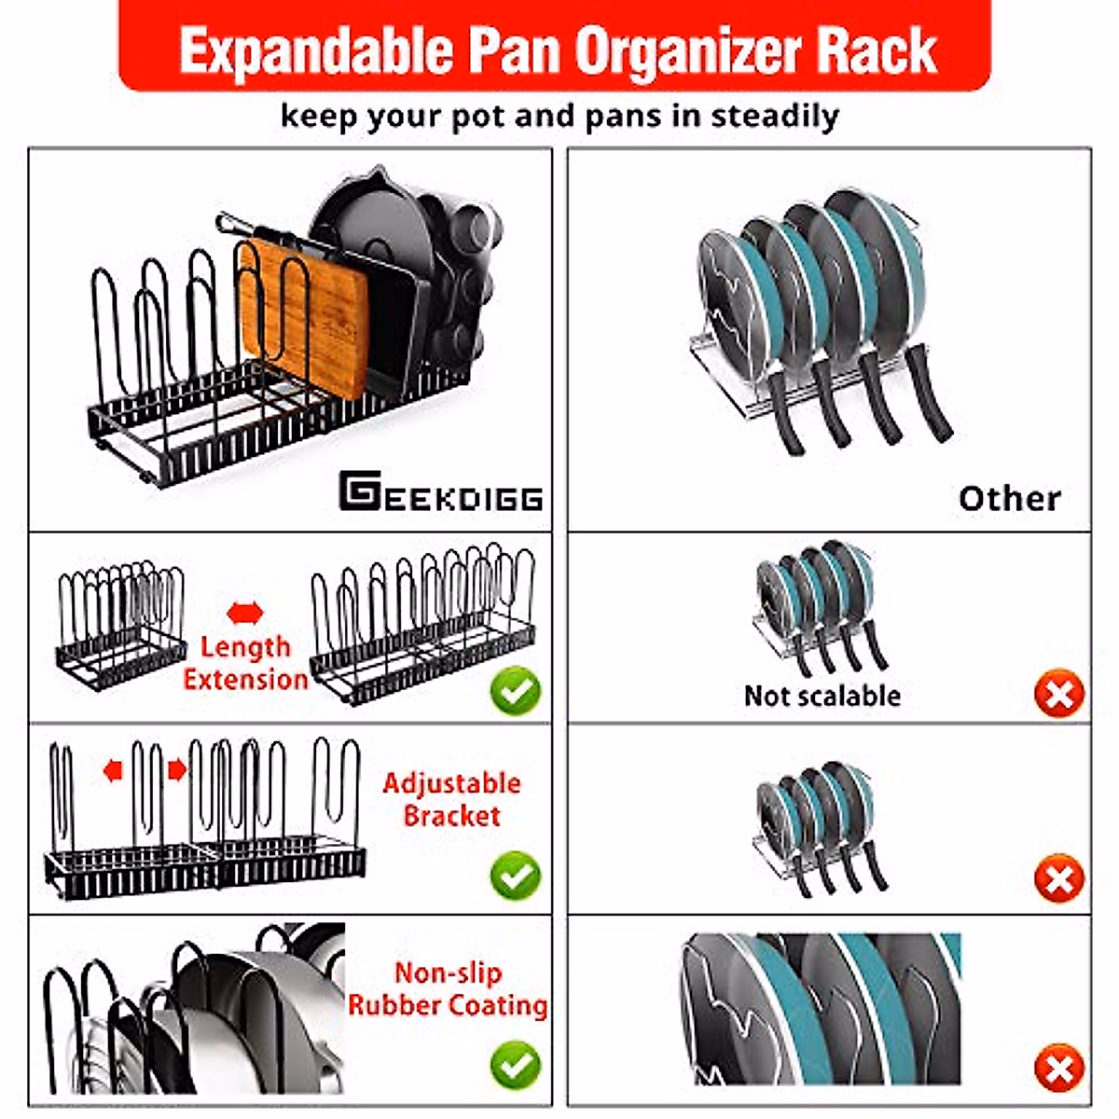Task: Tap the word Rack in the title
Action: tap(877, 52)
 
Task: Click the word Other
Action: tap(1009, 499)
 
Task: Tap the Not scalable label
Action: tap(822, 696)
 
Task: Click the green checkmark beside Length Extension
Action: tap(515, 692)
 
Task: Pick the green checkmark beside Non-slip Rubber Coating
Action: tap(515, 1066)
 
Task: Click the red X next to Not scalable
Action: tap(1058, 695)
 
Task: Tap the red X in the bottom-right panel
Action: tap(1058, 1069)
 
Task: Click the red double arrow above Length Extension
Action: tap(245, 614)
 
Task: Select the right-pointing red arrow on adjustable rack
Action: tap(176, 770)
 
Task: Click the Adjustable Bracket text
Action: tap(451, 799)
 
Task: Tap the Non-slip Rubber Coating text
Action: tap(448, 989)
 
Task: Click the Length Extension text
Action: tap(245, 663)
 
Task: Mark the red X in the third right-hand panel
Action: tap(1058, 879)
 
